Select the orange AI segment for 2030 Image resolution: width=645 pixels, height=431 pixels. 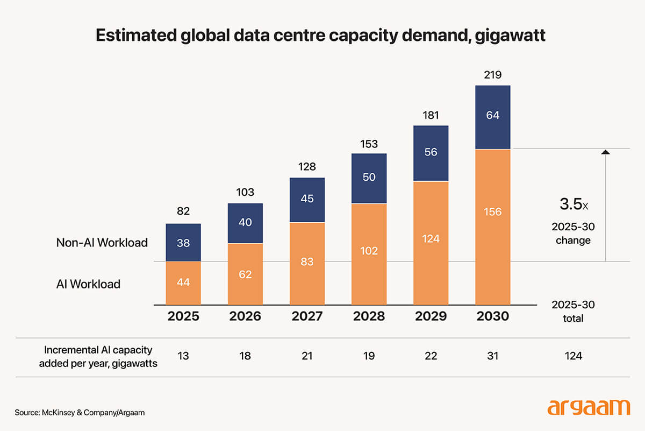(492, 226)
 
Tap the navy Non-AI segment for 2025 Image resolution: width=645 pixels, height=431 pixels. (183, 242)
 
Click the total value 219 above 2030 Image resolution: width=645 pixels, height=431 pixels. (492, 75)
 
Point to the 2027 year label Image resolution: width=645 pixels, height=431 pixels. (307, 316)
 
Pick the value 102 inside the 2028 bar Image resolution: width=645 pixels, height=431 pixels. (369, 251)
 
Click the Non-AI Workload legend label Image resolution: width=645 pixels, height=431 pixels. (102, 243)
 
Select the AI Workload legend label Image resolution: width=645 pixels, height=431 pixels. (88, 284)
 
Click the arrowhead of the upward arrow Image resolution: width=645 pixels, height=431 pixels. (606, 152)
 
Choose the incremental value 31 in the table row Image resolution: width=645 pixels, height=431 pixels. (492, 356)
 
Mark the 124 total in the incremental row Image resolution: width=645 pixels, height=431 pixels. (573, 356)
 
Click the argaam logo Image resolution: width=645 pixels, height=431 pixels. (588, 407)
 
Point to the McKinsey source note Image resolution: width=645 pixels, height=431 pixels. (80, 413)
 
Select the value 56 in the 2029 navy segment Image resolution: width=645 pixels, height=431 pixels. (431, 152)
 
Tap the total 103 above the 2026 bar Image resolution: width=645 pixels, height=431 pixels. (245, 192)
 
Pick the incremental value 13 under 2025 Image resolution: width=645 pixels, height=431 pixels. (183, 356)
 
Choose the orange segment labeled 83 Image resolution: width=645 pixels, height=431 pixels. (307, 263)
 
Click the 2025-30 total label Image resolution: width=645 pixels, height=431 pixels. (573, 312)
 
